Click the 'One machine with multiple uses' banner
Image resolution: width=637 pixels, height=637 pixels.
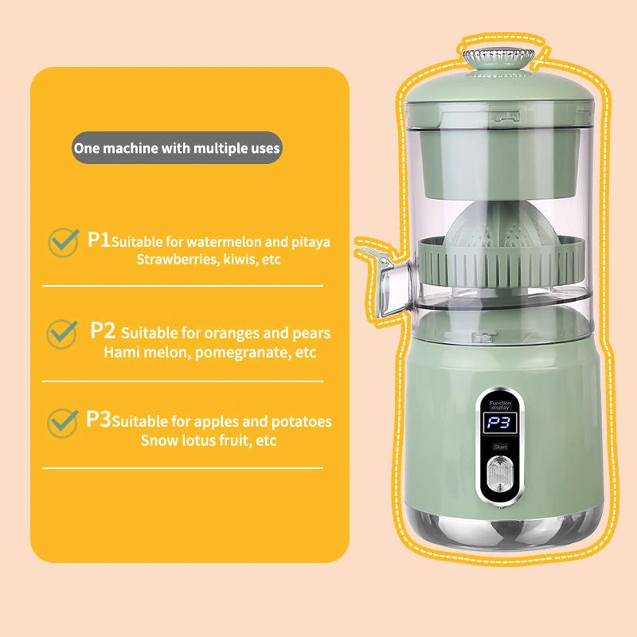click(177, 148)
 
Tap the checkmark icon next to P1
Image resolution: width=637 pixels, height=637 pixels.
click(63, 242)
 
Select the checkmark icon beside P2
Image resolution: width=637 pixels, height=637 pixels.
click(63, 333)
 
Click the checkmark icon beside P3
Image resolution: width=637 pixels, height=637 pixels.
click(63, 422)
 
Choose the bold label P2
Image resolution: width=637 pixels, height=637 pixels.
click(104, 330)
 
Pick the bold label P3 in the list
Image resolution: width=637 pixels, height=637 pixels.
click(99, 420)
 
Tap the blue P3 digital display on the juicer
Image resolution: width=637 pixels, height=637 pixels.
click(500, 424)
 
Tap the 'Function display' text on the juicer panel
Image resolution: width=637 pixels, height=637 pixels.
click(502, 404)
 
